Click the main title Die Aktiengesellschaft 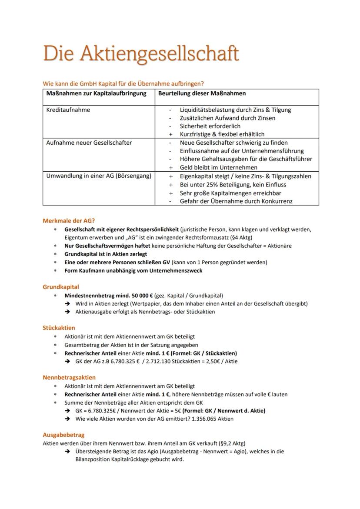141,54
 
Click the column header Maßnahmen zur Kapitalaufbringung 96,93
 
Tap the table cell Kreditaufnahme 68,110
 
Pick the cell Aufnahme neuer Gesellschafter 89,143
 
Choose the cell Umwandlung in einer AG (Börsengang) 99,176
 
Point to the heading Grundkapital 61,287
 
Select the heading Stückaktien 59,328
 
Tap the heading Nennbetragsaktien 69,377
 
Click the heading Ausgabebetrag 63,435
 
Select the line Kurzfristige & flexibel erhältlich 222,134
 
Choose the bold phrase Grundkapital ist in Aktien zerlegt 106,254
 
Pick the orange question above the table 123,83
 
